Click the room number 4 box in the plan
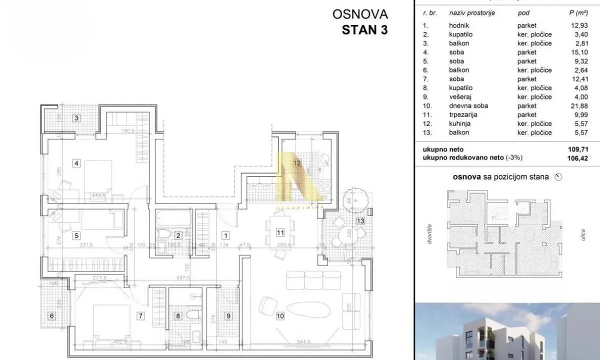76,162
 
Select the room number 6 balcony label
51,315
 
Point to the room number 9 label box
228,315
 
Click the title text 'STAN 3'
364,29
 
